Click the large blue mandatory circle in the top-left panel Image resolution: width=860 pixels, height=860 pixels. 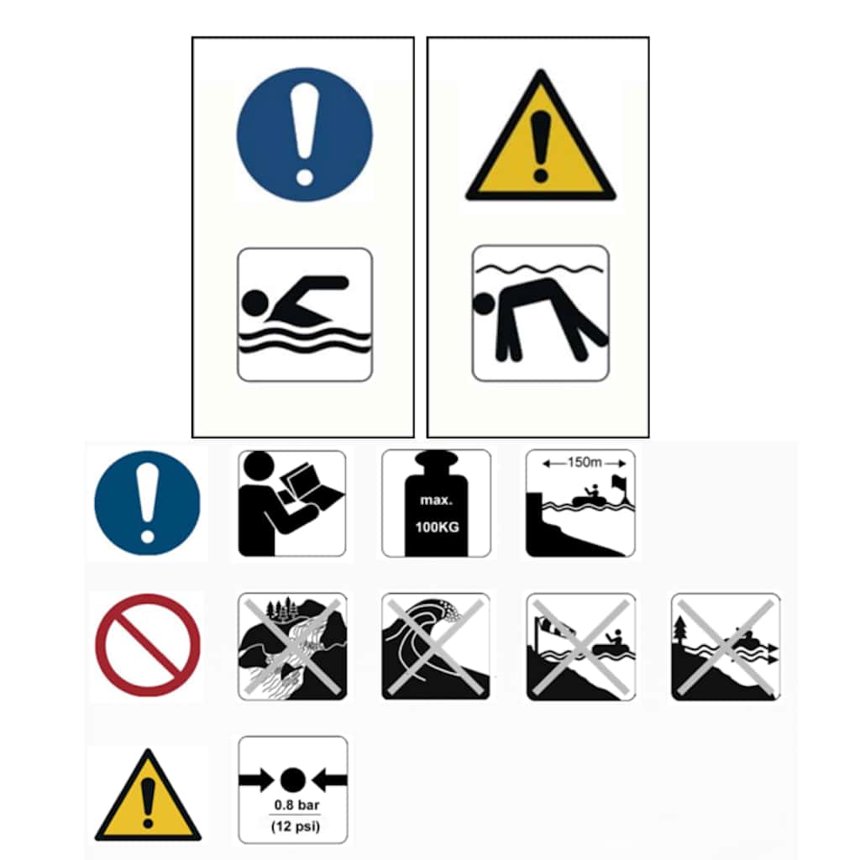click(304, 134)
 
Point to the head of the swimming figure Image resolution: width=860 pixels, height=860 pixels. click(255, 302)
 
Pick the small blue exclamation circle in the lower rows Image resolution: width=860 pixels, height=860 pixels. click(148, 503)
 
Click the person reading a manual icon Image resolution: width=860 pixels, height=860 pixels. click(291, 504)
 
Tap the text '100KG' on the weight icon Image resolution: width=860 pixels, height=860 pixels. click(437, 527)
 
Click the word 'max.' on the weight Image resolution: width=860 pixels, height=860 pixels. click(437, 501)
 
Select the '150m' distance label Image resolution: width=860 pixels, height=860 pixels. click(585, 463)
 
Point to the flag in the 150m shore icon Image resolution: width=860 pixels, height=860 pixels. click(619, 484)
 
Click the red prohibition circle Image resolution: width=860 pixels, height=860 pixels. click(148, 645)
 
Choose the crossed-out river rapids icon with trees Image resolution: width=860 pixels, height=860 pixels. click(292, 646)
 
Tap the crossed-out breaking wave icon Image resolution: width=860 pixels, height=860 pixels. click(436, 646)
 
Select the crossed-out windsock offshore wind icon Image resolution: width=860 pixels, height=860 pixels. click(581, 647)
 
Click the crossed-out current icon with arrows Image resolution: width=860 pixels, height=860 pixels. click(726, 647)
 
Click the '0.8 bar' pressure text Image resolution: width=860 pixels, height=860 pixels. click(296, 805)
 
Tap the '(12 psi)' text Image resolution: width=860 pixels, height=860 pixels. click(296, 826)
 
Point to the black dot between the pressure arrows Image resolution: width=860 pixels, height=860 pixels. click(293, 780)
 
